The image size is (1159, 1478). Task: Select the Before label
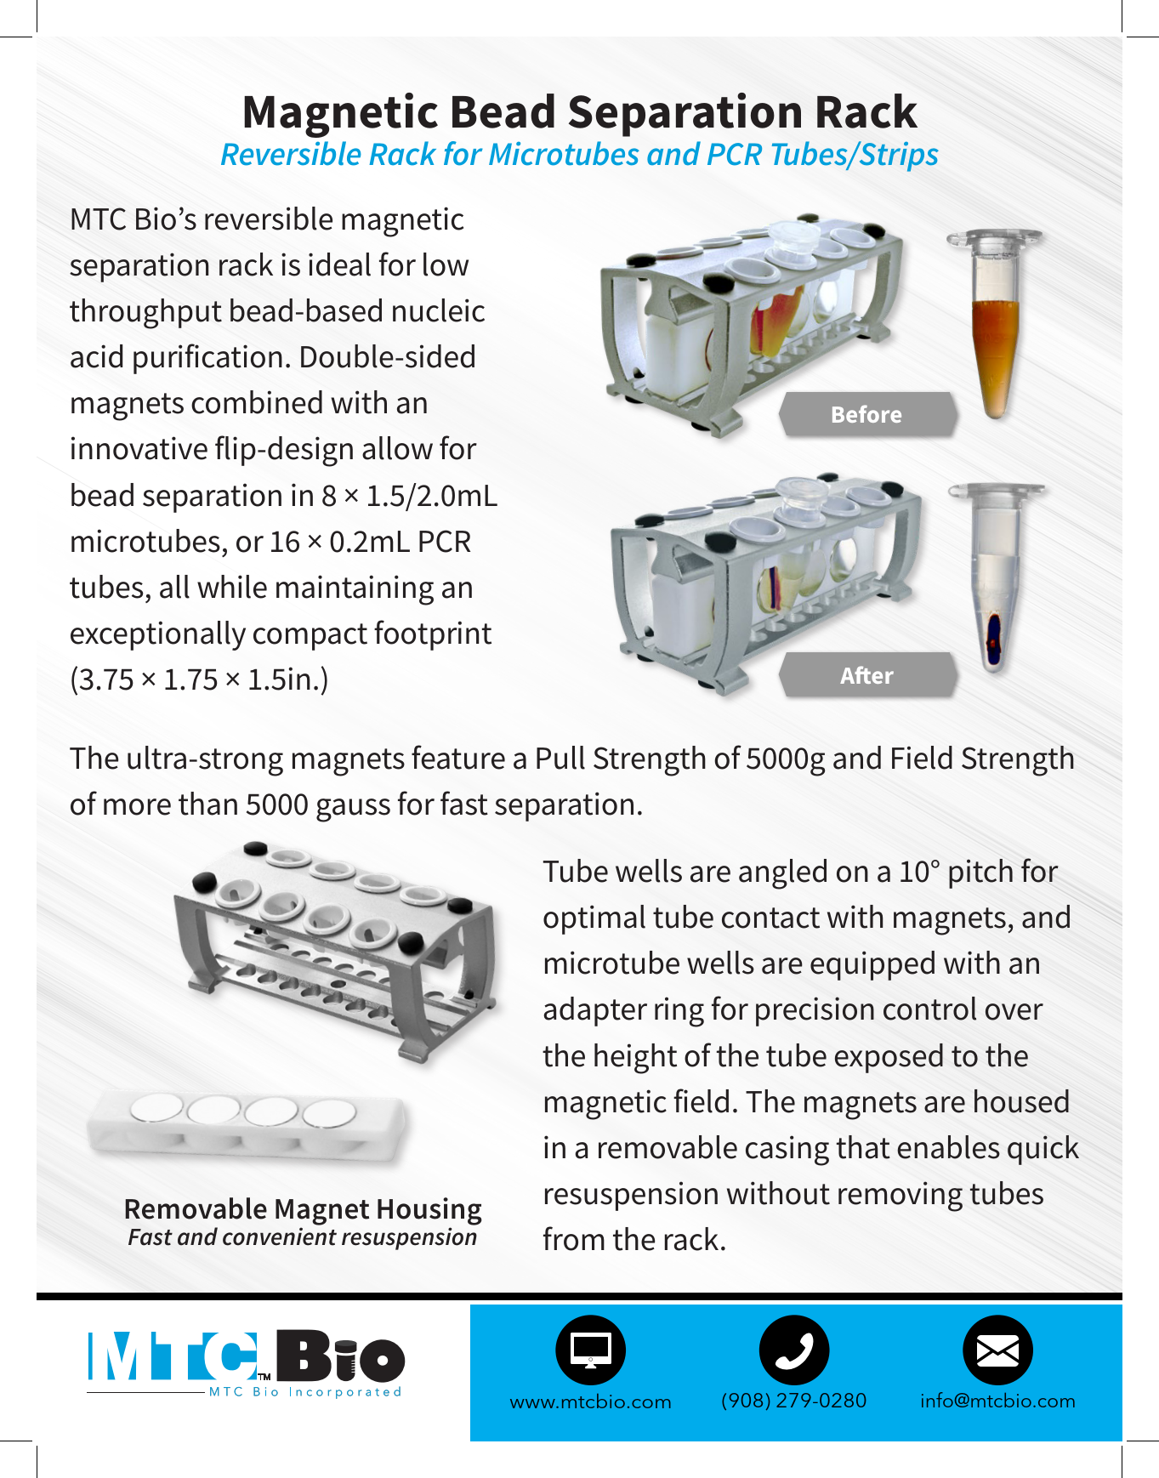[x=866, y=414]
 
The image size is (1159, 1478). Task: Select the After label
[x=866, y=675]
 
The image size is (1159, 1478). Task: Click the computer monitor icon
[x=590, y=1350]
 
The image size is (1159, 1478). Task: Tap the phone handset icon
[x=793, y=1350]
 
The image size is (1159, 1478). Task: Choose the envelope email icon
[x=997, y=1350]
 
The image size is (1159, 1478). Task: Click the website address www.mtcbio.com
[x=590, y=1401]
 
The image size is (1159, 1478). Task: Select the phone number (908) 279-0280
[x=793, y=1401]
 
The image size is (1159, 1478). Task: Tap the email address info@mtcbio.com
[x=997, y=1401]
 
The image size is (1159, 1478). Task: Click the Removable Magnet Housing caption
[x=303, y=1208]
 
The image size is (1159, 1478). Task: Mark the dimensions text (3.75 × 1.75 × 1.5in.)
[x=199, y=679]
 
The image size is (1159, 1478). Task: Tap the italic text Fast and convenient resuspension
[x=302, y=1237]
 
